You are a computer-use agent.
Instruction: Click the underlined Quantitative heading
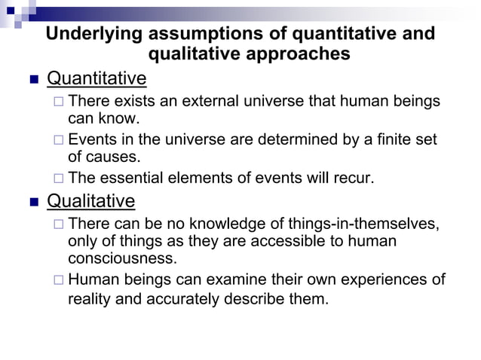point(97,78)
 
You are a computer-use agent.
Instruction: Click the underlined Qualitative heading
point(91,201)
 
